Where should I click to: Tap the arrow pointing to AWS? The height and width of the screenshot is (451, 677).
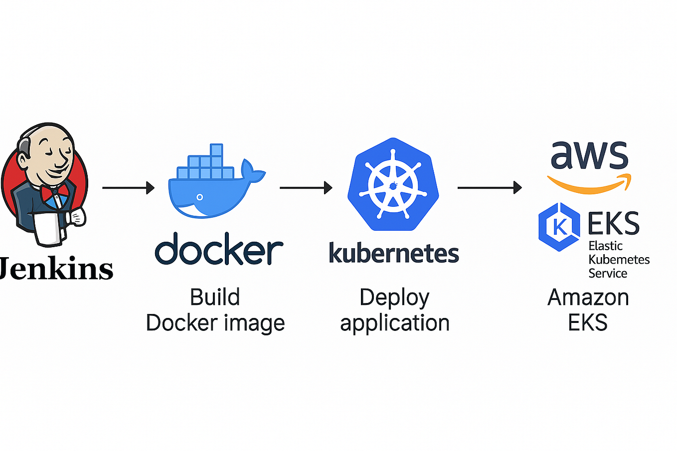(489, 188)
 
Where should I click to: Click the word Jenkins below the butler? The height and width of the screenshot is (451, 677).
(56, 269)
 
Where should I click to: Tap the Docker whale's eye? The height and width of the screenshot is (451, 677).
(200, 197)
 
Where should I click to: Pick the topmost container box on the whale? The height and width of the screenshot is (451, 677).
(216, 150)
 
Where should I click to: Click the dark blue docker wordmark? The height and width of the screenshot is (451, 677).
(219, 249)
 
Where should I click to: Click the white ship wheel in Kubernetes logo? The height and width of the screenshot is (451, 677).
(393, 184)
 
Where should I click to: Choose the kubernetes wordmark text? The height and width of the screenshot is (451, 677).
(393, 253)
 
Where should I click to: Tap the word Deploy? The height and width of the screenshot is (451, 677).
(394, 298)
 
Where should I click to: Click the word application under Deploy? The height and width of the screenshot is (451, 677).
(394, 323)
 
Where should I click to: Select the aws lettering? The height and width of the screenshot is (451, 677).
(589, 155)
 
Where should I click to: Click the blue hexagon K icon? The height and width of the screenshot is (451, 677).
(559, 226)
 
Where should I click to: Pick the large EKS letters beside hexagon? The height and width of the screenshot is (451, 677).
(613, 224)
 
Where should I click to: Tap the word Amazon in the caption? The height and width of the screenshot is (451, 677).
(588, 298)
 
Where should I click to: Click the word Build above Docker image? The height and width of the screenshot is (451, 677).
(215, 298)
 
